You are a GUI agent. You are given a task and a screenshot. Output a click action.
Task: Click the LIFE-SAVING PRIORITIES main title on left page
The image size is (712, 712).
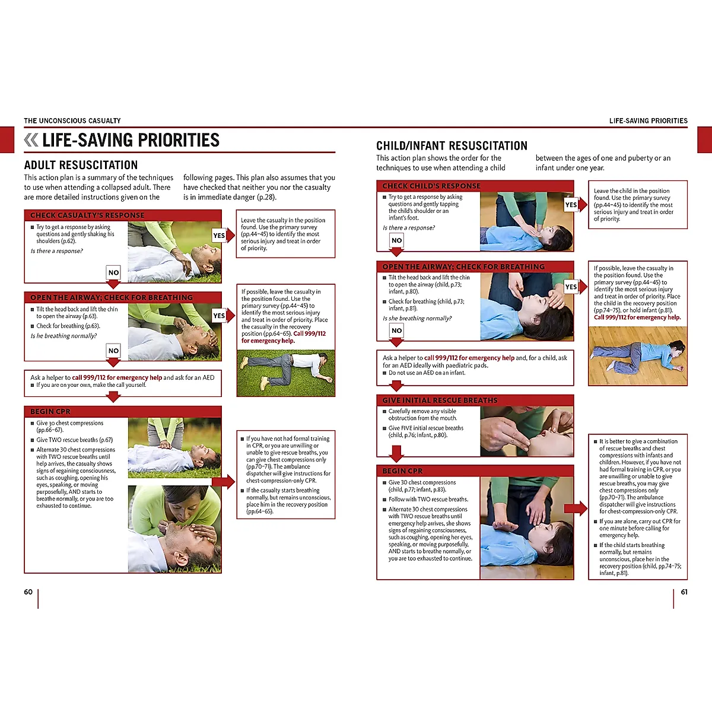click(x=131, y=140)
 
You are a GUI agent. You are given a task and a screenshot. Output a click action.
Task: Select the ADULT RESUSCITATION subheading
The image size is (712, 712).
click(x=81, y=165)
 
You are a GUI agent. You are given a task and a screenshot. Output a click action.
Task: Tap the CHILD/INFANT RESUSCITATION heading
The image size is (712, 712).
click(x=452, y=146)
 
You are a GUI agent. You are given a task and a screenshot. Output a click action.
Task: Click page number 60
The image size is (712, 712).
click(x=28, y=592)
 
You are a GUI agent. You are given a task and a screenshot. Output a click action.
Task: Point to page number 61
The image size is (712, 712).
click(x=684, y=592)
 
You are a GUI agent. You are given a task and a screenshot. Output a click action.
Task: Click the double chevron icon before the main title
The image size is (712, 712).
click(x=31, y=140)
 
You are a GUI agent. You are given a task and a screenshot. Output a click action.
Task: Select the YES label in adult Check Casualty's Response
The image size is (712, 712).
click(x=219, y=236)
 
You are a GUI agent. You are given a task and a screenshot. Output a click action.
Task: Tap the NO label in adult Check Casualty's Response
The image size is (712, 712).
click(x=113, y=272)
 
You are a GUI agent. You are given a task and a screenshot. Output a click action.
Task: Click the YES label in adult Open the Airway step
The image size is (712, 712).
click(x=219, y=316)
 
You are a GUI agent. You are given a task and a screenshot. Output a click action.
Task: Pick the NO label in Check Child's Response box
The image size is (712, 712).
click(x=396, y=240)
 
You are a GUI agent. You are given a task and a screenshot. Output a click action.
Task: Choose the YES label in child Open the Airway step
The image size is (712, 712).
click(x=571, y=287)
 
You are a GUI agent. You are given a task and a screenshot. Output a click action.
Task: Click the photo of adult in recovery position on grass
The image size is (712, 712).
click(x=285, y=373)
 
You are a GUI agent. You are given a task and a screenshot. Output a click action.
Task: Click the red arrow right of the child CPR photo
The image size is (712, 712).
click(x=575, y=508)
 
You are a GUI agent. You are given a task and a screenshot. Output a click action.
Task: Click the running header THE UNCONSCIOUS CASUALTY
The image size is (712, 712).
click(x=72, y=120)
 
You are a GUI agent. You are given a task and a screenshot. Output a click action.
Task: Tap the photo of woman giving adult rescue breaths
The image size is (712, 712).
click(x=174, y=529)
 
